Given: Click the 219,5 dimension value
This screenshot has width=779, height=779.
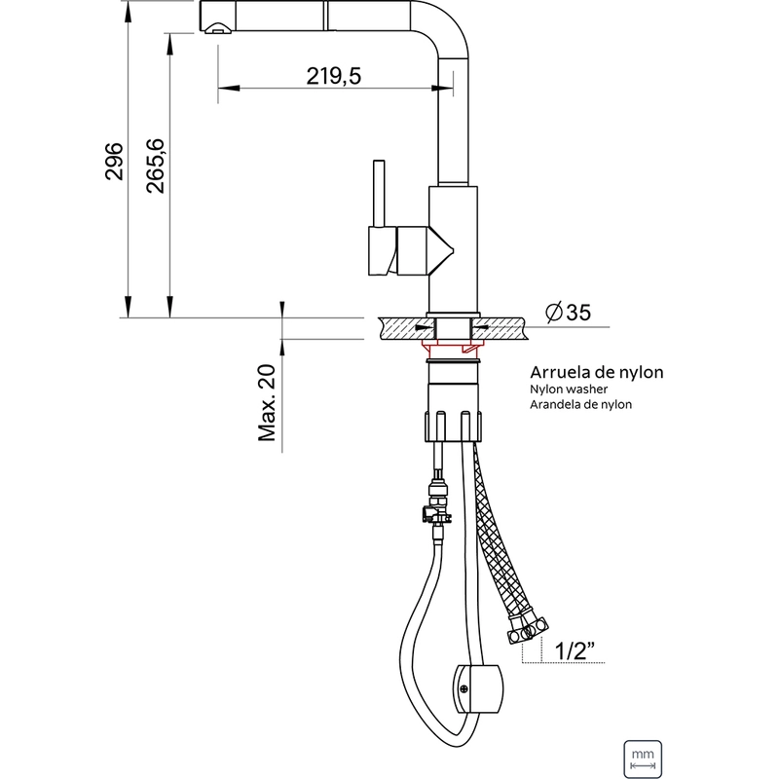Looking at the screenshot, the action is tap(333, 76).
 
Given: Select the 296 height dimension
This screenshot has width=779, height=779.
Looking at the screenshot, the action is tap(114, 161).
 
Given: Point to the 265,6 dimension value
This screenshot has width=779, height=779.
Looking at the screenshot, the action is tap(155, 166).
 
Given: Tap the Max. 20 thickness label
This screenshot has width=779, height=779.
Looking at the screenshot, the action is tap(267, 403).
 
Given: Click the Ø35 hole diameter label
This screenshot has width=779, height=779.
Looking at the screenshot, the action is tap(568, 313).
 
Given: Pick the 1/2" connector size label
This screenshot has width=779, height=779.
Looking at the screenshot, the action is tap(575, 650).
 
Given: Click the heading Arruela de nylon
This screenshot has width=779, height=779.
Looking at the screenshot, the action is tap(596, 372).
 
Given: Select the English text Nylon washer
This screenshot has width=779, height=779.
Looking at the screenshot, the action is tap(569, 389).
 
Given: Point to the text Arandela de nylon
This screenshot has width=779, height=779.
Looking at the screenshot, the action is tap(580, 404).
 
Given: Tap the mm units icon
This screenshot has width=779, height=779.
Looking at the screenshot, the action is tap(643, 759).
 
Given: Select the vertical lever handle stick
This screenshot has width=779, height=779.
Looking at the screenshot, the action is tap(379, 193).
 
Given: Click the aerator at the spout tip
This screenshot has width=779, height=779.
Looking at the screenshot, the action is tap(218, 28).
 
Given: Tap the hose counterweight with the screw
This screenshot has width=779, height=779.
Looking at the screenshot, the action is tap(477, 688).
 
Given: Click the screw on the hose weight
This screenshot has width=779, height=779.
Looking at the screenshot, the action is tap(464, 688).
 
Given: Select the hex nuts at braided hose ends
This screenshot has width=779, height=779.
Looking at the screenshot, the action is tap(528, 628).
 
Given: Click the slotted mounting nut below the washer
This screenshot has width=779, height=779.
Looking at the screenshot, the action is tap(454, 425).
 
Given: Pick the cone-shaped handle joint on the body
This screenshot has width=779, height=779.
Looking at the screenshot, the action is tap(441, 251).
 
